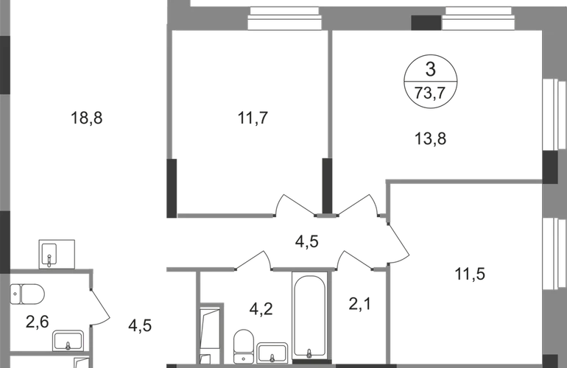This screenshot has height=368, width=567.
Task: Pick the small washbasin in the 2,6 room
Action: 68,339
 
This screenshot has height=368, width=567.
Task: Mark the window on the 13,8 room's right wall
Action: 549,117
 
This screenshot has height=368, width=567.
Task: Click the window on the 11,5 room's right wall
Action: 549,254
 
